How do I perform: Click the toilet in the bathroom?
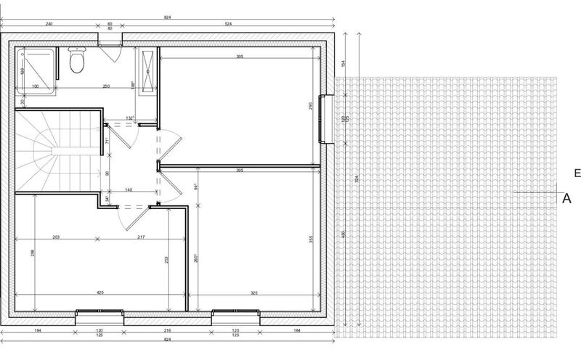(75, 62)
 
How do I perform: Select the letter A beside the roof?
(566, 197)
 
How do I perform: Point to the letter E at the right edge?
(576, 173)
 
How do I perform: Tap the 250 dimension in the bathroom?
(106, 86)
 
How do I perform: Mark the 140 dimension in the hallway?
(129, 189)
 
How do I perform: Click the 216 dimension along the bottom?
(168, 330)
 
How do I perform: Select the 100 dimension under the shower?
(34, 86)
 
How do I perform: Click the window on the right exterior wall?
(328, 119)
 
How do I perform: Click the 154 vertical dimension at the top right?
(344, 64)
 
